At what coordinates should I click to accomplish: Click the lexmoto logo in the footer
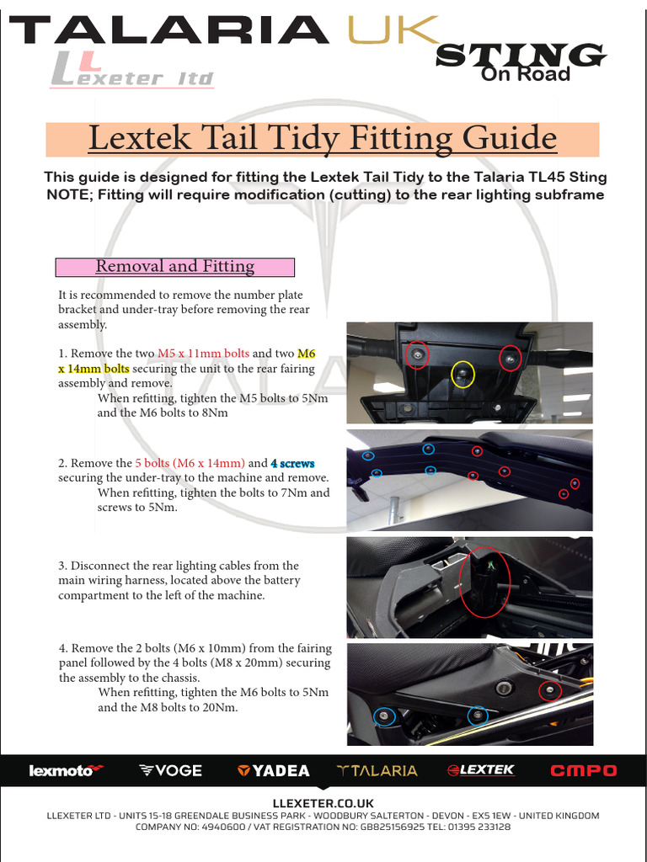point(66,770)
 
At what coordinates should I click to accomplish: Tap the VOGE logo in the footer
point(170,770)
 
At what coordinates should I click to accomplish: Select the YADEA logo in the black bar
point(273,770)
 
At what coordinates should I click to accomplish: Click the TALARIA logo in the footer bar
point(377,770)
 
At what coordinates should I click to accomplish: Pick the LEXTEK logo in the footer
point(480,770)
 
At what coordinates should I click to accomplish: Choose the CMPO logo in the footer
point(583,770)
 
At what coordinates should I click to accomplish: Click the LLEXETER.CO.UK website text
point(323,803)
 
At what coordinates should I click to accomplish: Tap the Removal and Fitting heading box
point(174,267)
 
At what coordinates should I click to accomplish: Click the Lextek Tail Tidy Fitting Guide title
point(323,139)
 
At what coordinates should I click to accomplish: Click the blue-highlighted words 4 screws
point(292,463)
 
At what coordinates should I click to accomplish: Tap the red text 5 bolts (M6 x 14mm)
point(190,463)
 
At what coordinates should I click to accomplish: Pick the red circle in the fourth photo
point(549,691)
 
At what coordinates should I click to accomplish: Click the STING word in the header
point(520,55)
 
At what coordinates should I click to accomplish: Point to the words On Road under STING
point(525,75)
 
